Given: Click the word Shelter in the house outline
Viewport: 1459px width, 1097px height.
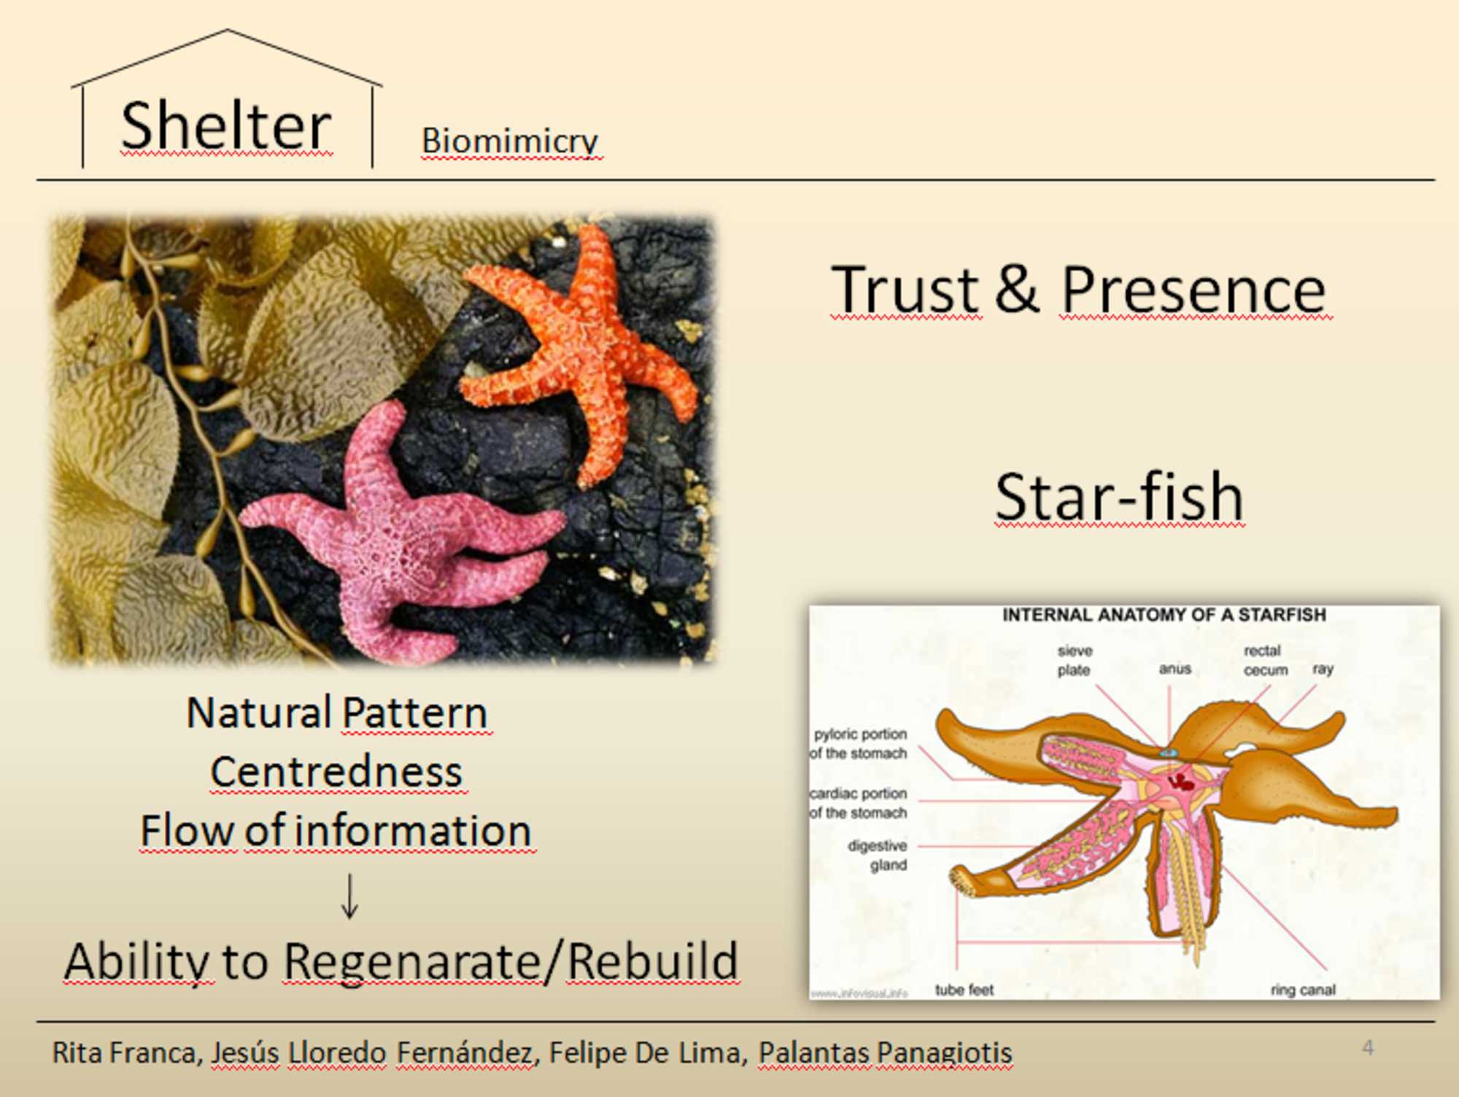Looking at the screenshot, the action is [x=226, y=125].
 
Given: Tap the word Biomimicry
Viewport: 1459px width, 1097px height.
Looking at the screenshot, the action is [x=510, y=142].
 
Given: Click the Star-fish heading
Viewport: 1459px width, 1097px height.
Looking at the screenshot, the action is [x=1119, y=496].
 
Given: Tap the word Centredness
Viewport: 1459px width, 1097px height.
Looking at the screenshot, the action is [x=336, y=772].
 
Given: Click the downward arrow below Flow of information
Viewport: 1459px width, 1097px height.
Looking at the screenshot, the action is [x=350, y=896].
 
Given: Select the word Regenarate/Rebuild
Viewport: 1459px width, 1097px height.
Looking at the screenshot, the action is [x=511, y=961].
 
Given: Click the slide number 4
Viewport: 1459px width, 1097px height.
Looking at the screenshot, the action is [x=1368, y=1048].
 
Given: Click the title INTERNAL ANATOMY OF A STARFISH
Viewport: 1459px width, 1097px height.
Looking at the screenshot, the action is [x=1164, y=615].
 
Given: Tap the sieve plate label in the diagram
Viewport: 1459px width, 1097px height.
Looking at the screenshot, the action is [x=1075, y=660].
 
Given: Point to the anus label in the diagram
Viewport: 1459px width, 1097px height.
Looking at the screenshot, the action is [x=1174, y=669].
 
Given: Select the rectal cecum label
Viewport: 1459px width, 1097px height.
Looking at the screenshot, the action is [x=1266, y=660].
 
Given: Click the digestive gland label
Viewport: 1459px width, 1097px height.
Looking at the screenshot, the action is [x=877, y=856].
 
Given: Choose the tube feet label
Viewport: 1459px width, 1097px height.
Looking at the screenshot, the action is [x=964, y=990].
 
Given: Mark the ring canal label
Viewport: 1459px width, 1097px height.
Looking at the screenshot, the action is [x=1303, y=991].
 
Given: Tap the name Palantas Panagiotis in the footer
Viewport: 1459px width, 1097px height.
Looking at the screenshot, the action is [x=885, y=1053].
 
